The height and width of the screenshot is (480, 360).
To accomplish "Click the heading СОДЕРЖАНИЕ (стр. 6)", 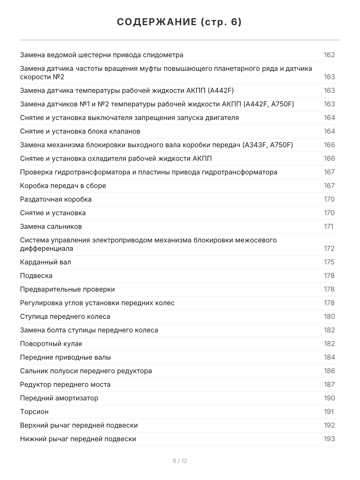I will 180,22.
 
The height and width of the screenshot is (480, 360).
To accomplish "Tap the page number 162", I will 329,55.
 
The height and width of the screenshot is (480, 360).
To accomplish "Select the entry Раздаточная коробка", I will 56,199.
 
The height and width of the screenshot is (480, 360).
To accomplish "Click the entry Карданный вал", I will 46,262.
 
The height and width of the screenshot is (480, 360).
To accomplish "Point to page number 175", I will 329,262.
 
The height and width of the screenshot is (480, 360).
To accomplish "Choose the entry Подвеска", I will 36,276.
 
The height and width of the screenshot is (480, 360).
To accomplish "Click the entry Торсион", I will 34,412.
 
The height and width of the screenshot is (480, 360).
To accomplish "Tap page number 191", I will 329,412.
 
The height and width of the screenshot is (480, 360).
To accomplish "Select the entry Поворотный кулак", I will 51,344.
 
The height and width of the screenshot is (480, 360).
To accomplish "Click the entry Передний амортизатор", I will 59,398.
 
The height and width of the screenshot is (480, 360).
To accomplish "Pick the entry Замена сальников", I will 51,226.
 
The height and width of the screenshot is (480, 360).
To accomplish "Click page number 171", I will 329,226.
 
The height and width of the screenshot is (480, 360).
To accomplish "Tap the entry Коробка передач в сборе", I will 63,186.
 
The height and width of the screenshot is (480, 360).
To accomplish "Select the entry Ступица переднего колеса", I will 65,316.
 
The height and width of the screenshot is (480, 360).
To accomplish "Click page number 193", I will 329,439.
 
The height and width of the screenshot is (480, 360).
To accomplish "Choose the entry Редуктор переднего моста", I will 65,384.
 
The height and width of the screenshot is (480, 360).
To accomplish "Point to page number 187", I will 329,384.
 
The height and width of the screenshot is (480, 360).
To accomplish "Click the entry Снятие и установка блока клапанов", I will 80,131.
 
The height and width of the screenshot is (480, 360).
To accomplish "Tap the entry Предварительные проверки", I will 67,289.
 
